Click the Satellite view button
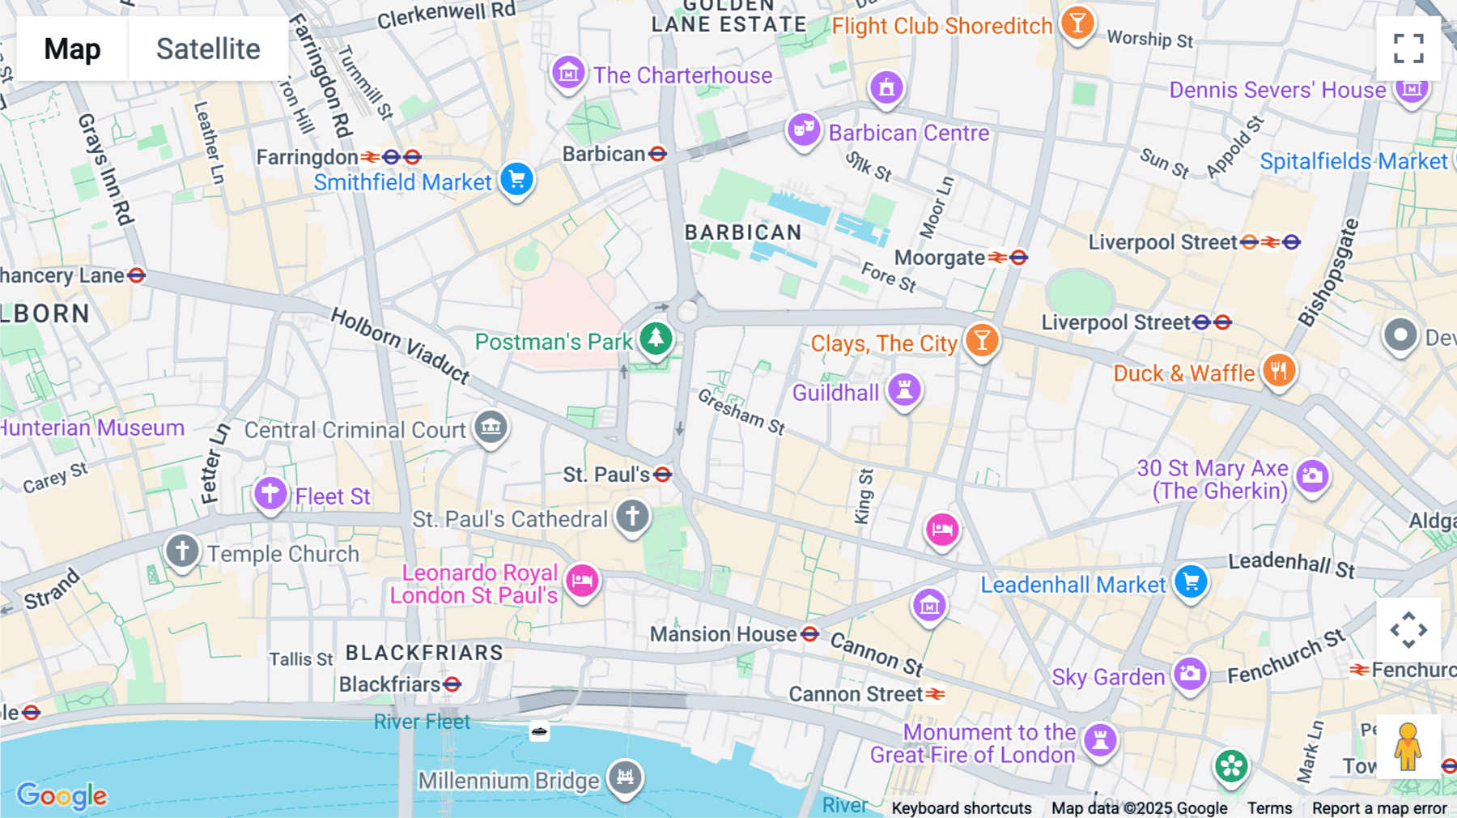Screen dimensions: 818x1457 pyautogui.click(x=208, y=49)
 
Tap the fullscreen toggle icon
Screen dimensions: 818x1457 pyautogui.click(x=1408, y=49)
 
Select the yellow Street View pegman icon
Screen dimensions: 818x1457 pyautogui.click(x=1408, y=746)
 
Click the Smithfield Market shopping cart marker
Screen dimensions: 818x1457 pyautogui.click(x=516, y=179)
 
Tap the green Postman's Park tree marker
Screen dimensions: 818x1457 pyautogui.click(x=656, y=338)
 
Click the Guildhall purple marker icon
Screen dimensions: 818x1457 pyautogui.click(x=904, y=390)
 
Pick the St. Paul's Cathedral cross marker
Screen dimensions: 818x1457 pyautogui.click(x=632, y=516)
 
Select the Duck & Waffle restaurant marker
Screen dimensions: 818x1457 pyautogui.click(x=1278, y=371)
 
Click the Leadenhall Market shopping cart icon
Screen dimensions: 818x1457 pyautogui.click(x=1190, y=581)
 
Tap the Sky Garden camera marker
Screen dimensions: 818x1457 pyautogui.click(x=1190, y=673)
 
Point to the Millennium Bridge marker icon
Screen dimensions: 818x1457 pyautogui.click(x=625, y=777)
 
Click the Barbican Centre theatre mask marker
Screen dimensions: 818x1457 pyautogui.click(x=803, y=129)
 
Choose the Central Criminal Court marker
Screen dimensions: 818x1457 pyautogui.click(x=491, y=426)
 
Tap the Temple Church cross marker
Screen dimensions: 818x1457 pyautogui.click(x=182, y=551)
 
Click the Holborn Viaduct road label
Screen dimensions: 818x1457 pyautogui.click(x=401, y=345)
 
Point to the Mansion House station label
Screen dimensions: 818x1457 pyautogui.click(x=723, y=634)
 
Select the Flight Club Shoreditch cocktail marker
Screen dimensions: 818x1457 pyautogui.click(x=1077, y=22)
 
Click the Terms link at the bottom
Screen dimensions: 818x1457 pyautogui.click(x=1269, y=807)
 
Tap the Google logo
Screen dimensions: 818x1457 pyautogui.click(x=62, y=795)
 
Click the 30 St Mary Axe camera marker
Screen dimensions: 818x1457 pyautogui.click(x=1311, y=475)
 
